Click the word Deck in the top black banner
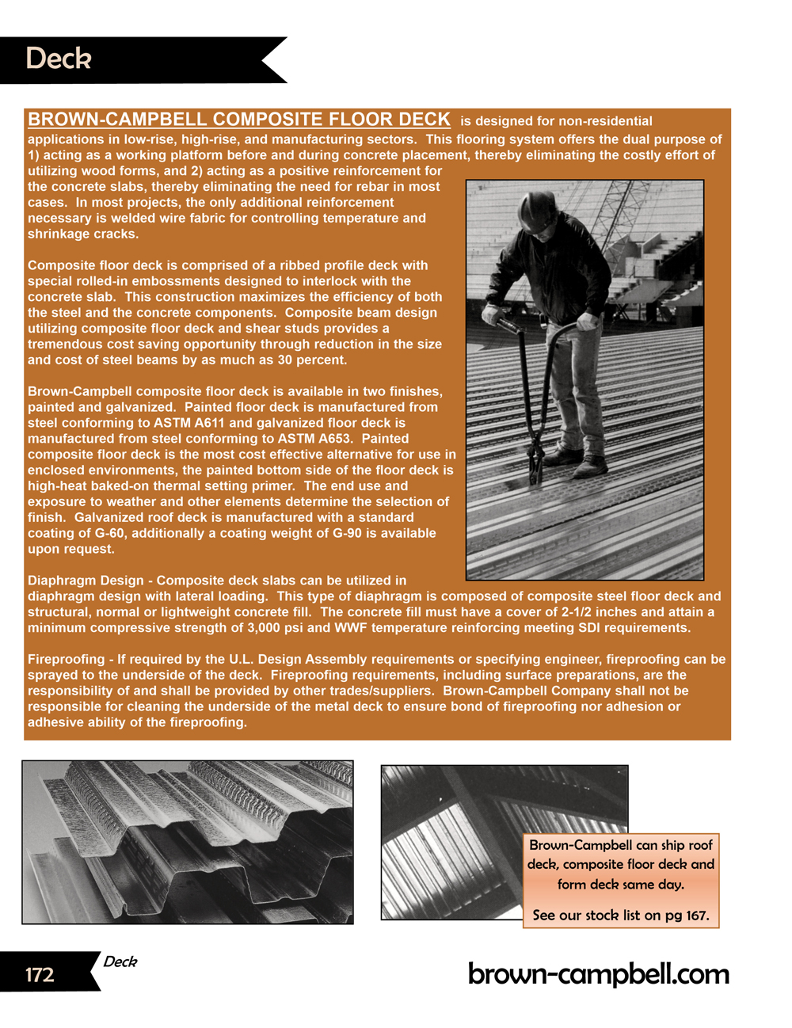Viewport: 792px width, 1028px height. pos(59,59)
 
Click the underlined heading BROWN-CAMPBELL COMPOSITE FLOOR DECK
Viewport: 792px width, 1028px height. pos(238,120)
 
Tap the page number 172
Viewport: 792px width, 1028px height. pos(40,974)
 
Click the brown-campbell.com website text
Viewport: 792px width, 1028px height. pos(598,973)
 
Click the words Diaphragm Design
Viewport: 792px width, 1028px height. pos(86,581)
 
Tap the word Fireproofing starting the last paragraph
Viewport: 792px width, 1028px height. pos(66,659)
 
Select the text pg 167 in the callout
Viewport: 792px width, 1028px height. pos(687,916)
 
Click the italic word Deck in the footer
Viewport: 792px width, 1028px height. pos(120,961)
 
